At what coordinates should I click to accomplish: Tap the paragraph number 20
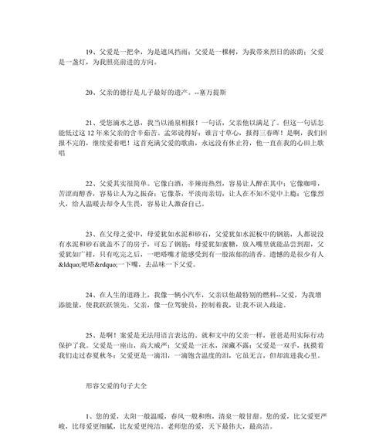91,91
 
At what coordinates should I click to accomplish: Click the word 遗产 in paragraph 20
188,91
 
